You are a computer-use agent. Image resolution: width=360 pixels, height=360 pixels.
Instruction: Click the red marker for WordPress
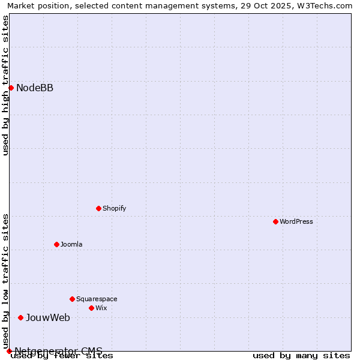(x=275, y=221)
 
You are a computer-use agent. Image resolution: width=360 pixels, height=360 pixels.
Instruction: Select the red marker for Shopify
(x=98, y=208)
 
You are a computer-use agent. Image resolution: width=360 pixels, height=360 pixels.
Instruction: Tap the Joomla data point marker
(x=56, y=244)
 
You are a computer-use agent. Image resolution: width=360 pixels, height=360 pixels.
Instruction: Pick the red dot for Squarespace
(x=72, y=299)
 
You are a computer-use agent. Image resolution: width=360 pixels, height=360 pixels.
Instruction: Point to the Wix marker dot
(x=91, y=308)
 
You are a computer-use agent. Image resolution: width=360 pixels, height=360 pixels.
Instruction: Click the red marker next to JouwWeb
(x=20, y=317)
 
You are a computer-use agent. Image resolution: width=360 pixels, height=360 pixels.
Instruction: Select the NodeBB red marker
(x=11, y=88)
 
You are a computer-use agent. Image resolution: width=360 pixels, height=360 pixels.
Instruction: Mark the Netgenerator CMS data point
(x=9, y=351)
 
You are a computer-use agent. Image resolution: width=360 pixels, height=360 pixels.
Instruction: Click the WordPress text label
(x=296, y=221)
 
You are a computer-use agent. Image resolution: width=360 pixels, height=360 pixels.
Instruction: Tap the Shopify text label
(x=114, y=208)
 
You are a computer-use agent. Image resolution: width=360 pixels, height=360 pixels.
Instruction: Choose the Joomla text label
(x=71, y=244)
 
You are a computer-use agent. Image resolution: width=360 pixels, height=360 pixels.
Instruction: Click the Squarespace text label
(x=97, y=299)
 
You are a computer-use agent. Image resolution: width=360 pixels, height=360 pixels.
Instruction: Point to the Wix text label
(x=101, y=308)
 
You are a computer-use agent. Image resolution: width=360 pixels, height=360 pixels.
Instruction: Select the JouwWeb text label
(x=48, y=317)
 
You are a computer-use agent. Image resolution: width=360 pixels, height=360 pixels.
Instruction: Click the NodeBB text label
(x=35, y=88)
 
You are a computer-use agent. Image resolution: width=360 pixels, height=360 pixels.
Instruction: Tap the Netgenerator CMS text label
(x=58, y=351)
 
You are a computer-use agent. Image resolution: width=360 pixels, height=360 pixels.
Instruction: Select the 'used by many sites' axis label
(x=301, y=356)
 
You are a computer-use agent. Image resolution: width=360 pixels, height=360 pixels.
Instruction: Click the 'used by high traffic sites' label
(x=5, y=85)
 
